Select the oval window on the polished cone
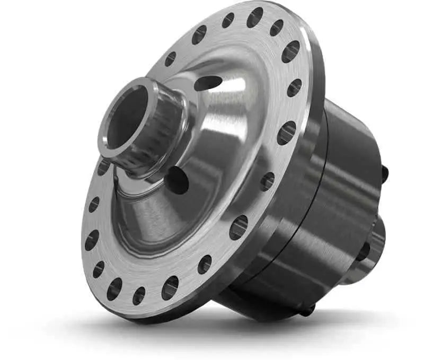tap(208, 83)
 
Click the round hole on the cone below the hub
tap(177, 181)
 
